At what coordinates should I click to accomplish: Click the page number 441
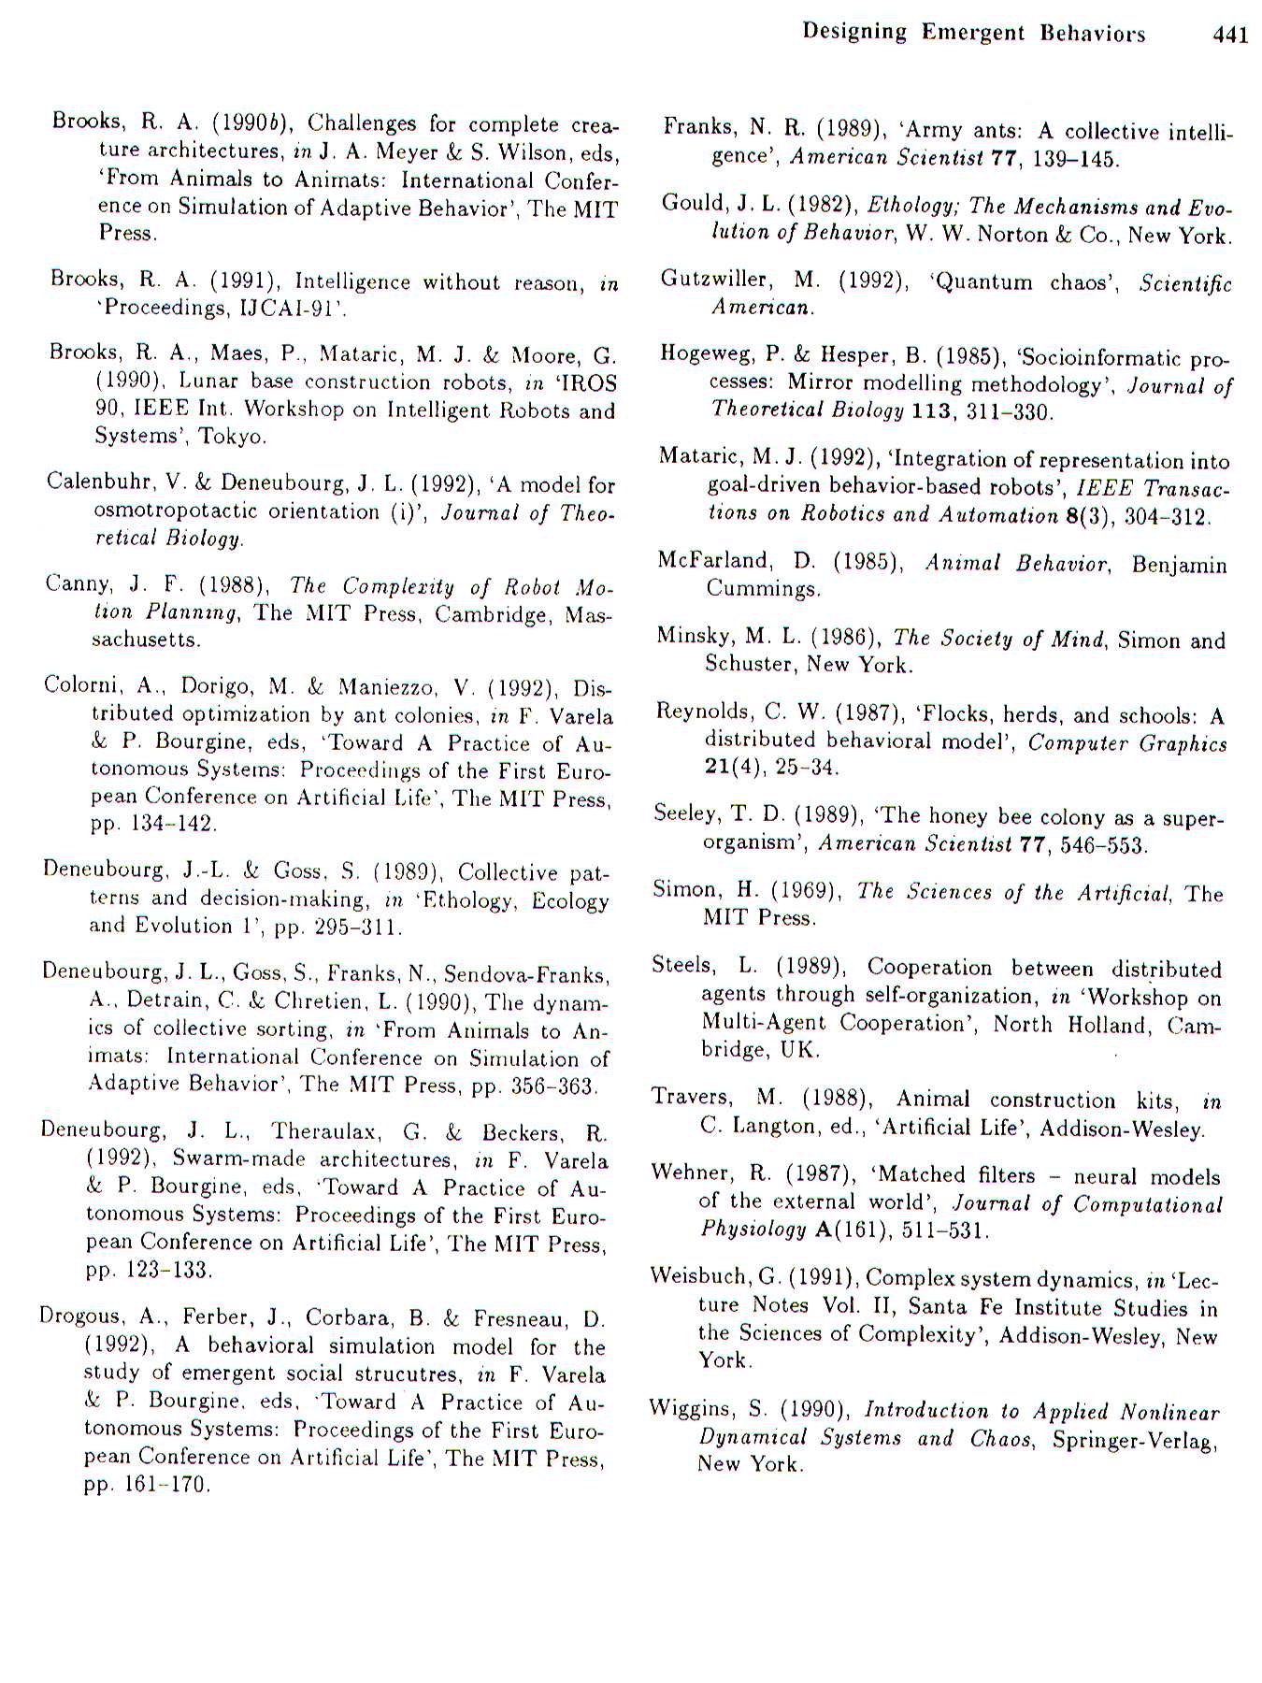(1229, 35)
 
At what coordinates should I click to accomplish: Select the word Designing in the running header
(854, 32)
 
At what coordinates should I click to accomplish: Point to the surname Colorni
(83, 685)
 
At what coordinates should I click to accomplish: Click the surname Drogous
(82, 1316)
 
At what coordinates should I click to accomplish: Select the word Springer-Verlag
(1134, 1439)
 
